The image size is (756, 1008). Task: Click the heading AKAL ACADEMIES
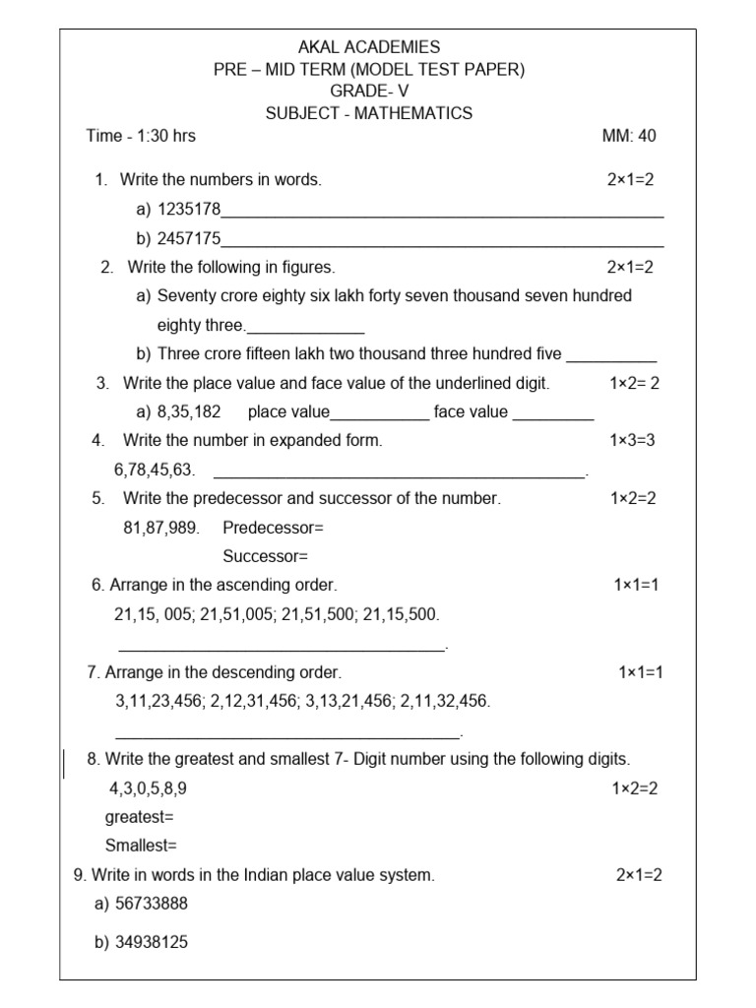pyautogui.click(x=368, y=47)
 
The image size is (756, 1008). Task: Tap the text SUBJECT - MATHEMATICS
pyautogui.click(x=368, y=113)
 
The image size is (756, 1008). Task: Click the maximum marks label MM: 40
pyautogui.click(x=628, y=136)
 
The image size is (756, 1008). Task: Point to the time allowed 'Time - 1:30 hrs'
pyautogui.click(x=141, y=136)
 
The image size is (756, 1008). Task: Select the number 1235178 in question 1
pyautogui.click(x=189, y=209)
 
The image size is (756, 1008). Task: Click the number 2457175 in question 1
pyautogui.click(x=189, y=238)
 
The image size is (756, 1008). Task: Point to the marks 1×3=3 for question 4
pyautogui.click(x=632, y=440)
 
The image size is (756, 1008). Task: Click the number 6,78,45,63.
pyautogui.click(x=156, y=470)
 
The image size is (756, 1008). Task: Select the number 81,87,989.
pyautogui.click(x=161, y=528)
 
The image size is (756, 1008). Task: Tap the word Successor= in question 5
pyautogui.click(x=265, y=556)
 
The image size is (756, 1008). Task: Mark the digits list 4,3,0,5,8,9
pyautogui.click(x=148, y=788)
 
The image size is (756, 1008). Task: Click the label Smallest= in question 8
pyautogui.click(x=141, y=846)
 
